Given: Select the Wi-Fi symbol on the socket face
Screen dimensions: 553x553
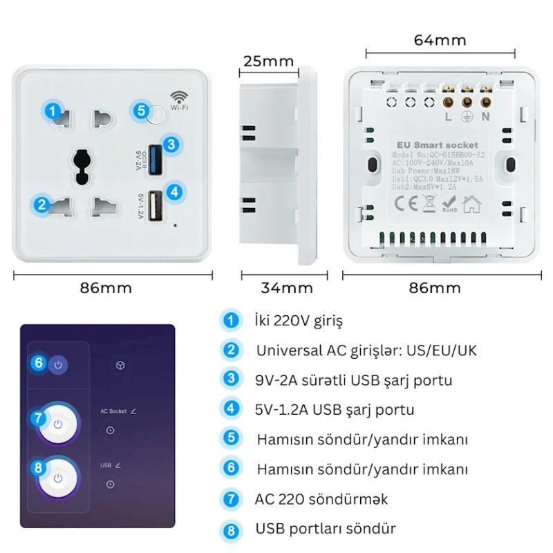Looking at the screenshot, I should point(180,97).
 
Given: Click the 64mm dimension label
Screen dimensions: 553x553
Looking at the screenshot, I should point(440,40).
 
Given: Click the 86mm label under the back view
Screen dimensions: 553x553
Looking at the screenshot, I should point(440,288).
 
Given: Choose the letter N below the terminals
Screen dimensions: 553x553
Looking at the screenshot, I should point(485,116).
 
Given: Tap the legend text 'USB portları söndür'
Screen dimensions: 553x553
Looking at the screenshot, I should point(326,529).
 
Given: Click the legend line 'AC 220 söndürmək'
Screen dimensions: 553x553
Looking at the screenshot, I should point(321,498).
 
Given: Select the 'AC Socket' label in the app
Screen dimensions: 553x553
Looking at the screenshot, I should point(113,411).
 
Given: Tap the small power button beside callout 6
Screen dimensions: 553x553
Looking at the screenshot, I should point(58,364).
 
